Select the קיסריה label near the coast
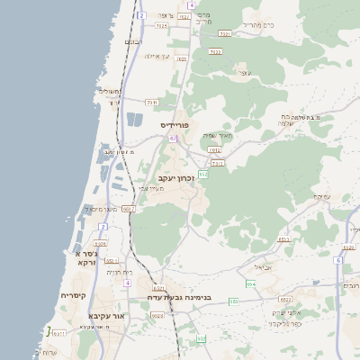(x=73, y=295)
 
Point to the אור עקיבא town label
(x=104, y=316)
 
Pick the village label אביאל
(x=262, y=266)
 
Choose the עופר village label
(x=242, y=71)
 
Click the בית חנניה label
(x=120, y=272)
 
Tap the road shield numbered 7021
(x=225, y=33)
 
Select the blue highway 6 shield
(x=338, y=259)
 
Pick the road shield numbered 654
(x=251, y=283)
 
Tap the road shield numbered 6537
(x=158, y=288)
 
